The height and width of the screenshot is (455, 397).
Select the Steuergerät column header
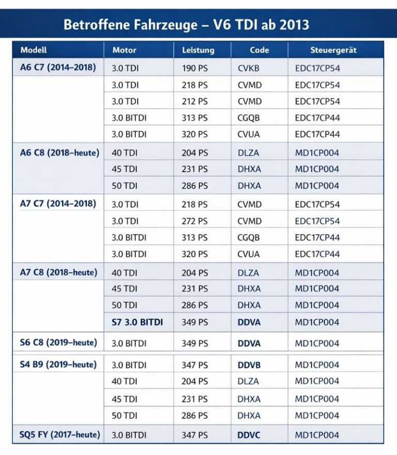pos(333,50)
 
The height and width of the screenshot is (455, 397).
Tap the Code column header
pos(259,50)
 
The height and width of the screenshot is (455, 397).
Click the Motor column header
pos(124,50)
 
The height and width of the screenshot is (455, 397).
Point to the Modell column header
pos(34,50)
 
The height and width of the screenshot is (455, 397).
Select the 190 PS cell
pos(194,68)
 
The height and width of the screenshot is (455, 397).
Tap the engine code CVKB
pos(249,68)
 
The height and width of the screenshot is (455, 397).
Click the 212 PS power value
pos(194,101)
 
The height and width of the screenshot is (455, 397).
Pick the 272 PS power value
pos(194,221)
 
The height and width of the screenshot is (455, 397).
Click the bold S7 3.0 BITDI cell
pos(137,322)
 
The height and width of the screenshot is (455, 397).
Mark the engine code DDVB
pos(249,365)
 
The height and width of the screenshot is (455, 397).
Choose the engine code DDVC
pos(249,435)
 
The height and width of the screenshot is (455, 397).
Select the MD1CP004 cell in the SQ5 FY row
pos(317,435)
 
